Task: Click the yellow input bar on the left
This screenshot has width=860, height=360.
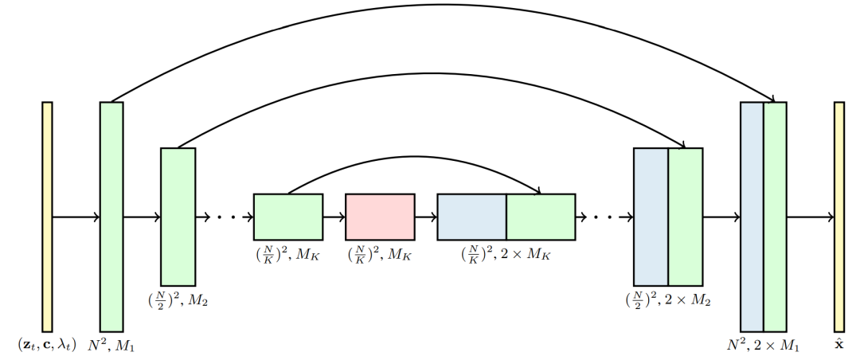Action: (47, 216)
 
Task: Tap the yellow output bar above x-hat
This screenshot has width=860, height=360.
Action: (838, 216)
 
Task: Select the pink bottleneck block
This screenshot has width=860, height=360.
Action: (380, 217)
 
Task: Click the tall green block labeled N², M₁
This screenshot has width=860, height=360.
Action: (111, 216)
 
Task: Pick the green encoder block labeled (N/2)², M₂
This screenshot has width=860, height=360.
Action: (178, 216)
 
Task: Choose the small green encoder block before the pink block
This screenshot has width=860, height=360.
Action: (287, 217)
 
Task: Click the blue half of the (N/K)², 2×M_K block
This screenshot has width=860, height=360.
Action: (471, 217)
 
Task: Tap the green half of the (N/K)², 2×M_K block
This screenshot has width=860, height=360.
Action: (541, 217)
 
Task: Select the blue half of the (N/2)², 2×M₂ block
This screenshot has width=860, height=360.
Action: (651, 216)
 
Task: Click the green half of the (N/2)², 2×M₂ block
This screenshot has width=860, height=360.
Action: (685, 216)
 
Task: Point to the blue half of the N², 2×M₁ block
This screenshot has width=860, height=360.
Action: (752, 216)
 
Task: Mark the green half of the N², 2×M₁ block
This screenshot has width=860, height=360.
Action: (775, 216)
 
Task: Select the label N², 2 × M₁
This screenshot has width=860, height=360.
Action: (763, 346)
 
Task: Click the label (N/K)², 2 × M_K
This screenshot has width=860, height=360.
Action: (506, 256)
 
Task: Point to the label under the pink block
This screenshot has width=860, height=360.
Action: (380, 256)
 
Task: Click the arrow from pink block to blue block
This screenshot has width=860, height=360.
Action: (425, 217)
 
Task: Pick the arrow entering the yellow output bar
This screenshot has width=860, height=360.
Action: (810, 217)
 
